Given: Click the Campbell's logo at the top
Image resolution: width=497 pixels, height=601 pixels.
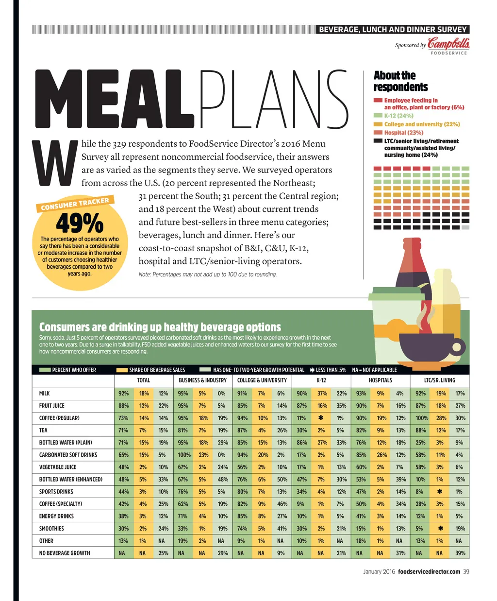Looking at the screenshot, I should (448, 44).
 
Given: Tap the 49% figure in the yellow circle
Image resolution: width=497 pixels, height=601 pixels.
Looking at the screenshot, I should (80, 223).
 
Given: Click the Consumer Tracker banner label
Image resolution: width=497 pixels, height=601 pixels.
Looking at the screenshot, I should (75, 204).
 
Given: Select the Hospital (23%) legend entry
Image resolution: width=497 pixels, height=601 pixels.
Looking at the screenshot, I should (404, 133).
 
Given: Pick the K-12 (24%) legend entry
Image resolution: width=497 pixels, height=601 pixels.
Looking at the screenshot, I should (398, 116).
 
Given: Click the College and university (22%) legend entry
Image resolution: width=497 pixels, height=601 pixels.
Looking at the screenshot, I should (422, 124).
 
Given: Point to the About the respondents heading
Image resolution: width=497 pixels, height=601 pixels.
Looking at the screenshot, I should (400, 81).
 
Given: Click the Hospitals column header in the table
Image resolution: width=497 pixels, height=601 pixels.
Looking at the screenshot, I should (380, 380).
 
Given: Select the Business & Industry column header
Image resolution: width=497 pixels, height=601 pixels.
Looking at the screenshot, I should (202, 380).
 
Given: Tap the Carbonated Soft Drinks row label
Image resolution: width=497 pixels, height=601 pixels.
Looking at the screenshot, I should (68, 455).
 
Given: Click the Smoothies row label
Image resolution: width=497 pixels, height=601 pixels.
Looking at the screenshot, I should (51, 529).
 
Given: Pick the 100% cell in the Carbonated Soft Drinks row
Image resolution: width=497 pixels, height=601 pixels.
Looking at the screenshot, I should (184, 455).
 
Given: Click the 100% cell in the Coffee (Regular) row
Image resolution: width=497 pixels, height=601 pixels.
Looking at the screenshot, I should (421, 418).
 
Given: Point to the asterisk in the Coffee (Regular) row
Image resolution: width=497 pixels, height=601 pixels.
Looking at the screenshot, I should (321, 418).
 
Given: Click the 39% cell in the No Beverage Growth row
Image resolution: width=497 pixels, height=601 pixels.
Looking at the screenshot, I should (460, 553).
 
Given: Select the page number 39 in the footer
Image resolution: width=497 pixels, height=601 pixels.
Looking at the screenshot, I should (466, 572).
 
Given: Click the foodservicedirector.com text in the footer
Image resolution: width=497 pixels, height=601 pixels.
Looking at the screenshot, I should (429, 572).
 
